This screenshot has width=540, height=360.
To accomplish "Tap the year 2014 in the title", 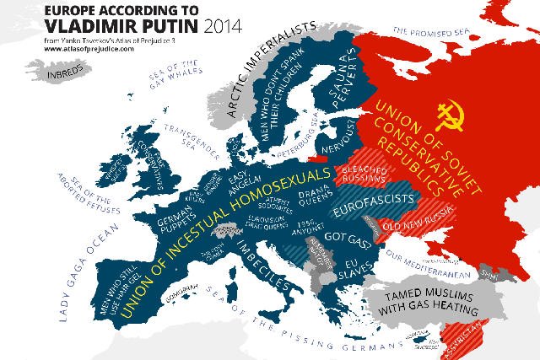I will pos(214,24).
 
